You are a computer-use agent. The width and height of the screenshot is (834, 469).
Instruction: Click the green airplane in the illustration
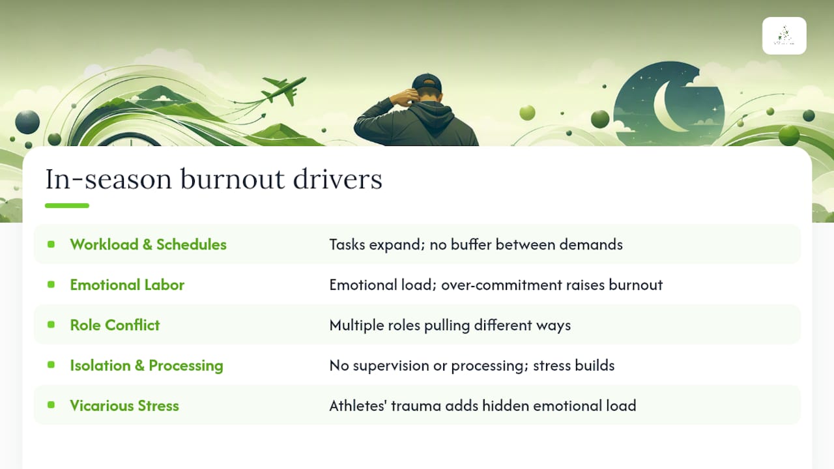pos(283,89)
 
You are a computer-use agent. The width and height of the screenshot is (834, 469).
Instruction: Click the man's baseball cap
pos(427,83)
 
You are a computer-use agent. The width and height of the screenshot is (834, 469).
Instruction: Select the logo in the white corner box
pos(784,36)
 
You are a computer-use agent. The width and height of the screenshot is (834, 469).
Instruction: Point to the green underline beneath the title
pos(67,205)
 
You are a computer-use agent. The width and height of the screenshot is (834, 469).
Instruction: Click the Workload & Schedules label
pos(148,244)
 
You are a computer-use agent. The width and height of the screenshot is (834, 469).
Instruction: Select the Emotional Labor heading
pos(127,285)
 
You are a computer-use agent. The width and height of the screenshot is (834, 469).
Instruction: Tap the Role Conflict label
pos(115,325)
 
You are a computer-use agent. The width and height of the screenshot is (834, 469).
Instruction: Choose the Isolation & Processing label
pos(147,365)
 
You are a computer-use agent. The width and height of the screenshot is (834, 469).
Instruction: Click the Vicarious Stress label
pos(124,405)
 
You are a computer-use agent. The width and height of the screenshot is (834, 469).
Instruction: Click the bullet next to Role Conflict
pos(51,324)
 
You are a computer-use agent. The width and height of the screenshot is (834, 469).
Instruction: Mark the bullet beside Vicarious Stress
pos(51,405)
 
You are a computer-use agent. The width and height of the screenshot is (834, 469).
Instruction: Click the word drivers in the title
pos(338,179)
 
